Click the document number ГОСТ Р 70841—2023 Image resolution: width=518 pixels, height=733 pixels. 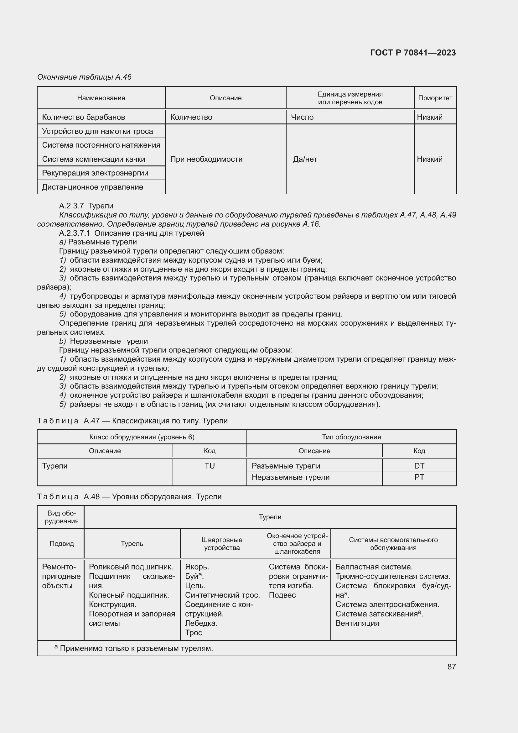(x=413, y=53)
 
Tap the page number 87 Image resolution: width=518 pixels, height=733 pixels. (x=451, y=667)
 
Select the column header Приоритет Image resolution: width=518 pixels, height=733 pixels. (x=435, y=98)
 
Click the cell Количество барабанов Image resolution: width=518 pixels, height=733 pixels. (x=84, y=117)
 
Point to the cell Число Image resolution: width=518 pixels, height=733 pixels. (x=302, y=117)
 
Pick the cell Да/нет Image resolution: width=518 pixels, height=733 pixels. (x=305, y=159)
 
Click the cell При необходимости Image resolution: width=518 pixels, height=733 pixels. (x=206, y=159)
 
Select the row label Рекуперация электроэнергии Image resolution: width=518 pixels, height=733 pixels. (x=95, y=173)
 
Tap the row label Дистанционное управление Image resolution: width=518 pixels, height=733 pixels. (x=92, y=187)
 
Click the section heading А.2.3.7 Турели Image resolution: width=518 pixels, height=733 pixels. (x=86, y=206)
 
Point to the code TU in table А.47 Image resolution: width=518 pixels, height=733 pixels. (x=210, y=466)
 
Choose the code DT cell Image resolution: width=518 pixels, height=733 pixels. (x=419, y=466)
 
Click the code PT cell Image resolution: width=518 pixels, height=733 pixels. (x=419, y=477)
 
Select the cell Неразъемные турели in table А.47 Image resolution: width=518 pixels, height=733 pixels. (x=290, y=477)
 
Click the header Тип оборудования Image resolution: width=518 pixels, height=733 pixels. (x=351, y=437)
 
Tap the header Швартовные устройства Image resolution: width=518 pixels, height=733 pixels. (x=222, y=544)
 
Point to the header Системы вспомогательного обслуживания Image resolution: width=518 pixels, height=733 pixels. (x=393, y=544)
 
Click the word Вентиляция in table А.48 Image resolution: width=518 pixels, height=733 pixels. (x=357, y=624)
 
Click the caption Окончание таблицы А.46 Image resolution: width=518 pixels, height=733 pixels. (x=84, y=77)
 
